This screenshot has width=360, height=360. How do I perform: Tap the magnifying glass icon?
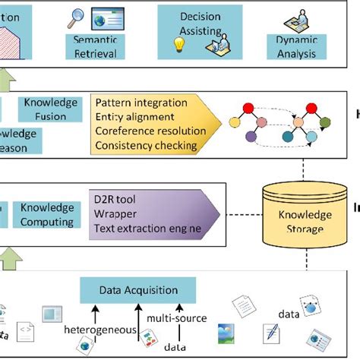click(76, 16)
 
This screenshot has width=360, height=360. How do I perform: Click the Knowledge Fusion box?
click(50, 108)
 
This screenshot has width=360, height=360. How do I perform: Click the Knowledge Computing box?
click(47, 214)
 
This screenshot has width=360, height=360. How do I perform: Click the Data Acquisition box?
click(138, 289)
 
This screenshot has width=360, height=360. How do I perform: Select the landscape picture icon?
click(227, 332)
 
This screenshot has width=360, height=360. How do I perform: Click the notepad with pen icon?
click(270, 332)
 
